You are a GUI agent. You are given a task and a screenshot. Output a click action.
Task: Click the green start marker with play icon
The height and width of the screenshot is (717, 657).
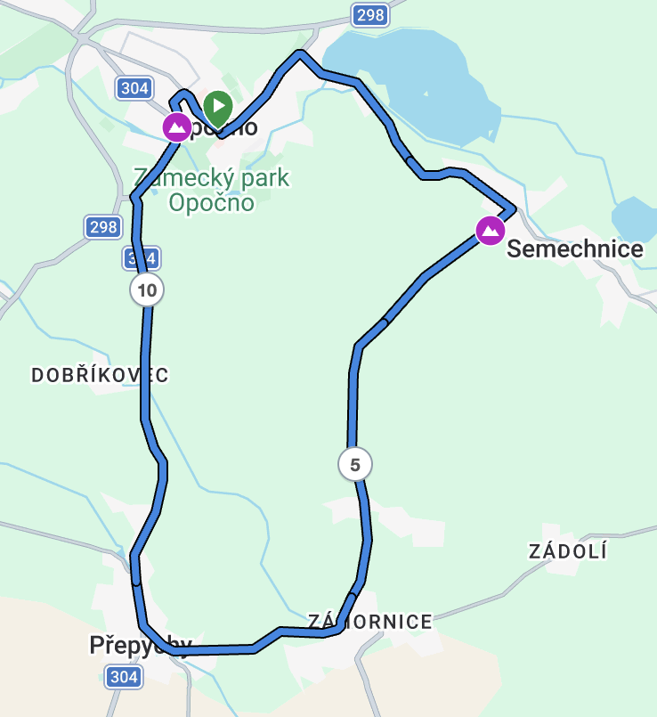(217, 107)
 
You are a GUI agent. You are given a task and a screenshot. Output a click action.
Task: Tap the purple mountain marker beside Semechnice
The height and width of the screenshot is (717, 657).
(490, 231)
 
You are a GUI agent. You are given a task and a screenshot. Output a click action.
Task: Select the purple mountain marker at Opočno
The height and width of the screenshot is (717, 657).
(176, 127)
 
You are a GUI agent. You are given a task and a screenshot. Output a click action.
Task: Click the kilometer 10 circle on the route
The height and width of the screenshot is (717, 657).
(147, 289)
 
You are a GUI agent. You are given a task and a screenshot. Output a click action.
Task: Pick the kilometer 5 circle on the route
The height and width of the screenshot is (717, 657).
(355, 464)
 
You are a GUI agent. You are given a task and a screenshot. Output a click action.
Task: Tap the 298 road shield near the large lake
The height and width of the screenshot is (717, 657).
(369, 14)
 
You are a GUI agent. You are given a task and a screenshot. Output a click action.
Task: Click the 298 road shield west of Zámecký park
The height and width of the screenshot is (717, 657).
(104, 227)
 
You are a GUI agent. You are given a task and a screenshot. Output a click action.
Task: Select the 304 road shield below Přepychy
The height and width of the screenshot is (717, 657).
(124, 678)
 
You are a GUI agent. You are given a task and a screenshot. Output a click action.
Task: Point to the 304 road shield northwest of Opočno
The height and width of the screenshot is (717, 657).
(134, 87)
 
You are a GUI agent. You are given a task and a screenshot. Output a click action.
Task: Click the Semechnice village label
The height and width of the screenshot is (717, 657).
(574, 249)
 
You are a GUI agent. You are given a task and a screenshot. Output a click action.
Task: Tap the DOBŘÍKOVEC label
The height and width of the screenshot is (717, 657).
(100, 376)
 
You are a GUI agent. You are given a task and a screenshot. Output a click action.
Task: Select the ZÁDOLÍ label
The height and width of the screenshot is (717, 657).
(568, 551)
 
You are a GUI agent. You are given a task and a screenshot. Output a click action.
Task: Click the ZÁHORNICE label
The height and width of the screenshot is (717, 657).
(370, 622)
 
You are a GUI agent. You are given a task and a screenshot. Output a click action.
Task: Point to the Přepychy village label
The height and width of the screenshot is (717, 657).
(140, 645)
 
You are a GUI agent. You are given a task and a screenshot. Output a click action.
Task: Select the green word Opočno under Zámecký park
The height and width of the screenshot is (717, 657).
(211, 203)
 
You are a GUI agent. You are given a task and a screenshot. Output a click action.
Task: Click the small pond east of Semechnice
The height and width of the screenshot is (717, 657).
(636, 219)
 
